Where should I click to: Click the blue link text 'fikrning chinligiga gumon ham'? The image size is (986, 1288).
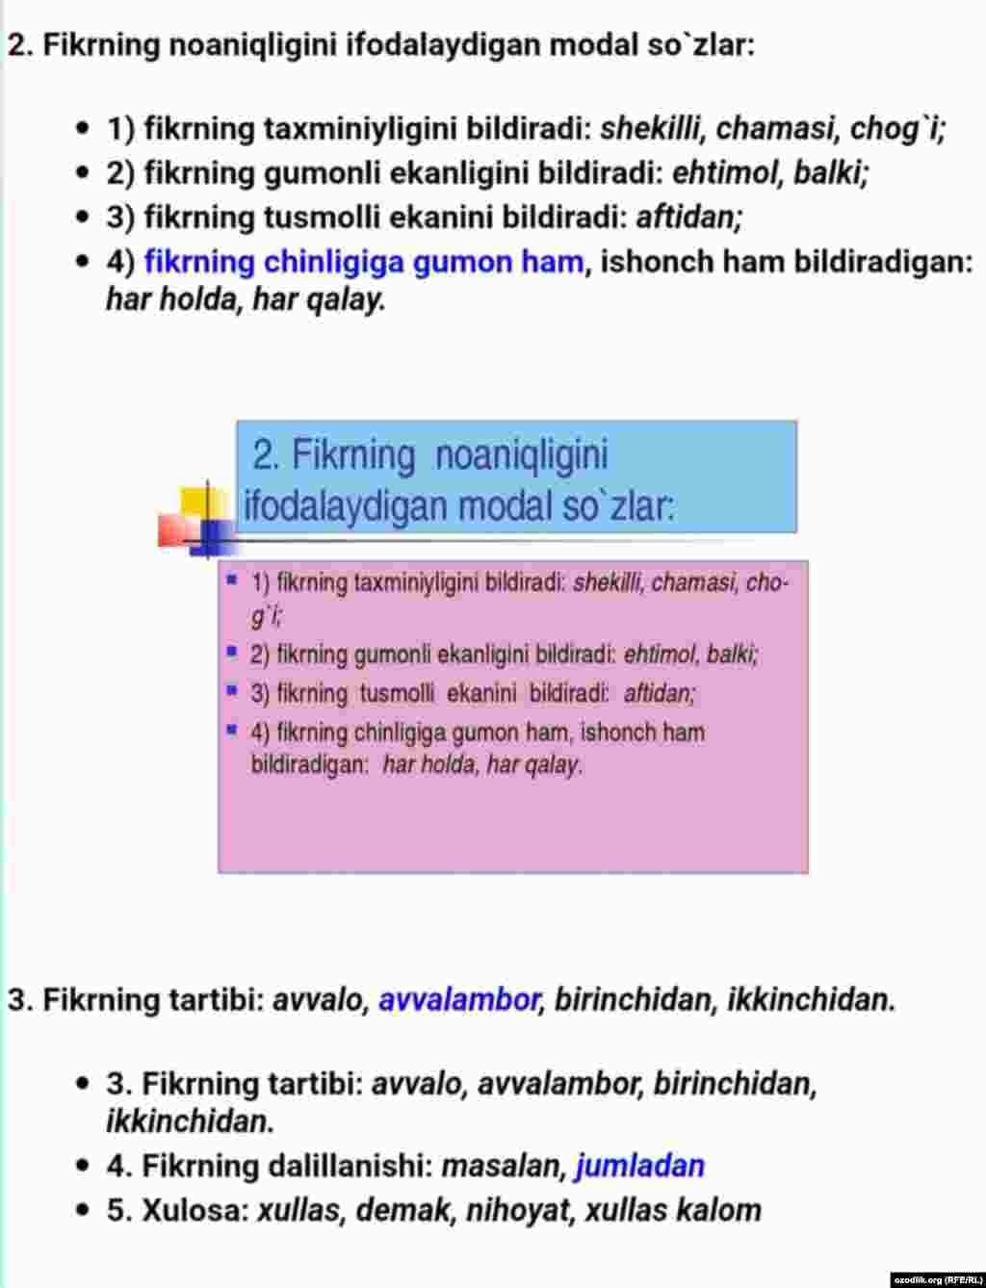(363, 262)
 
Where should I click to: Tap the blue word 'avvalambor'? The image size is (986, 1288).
(458, 1000)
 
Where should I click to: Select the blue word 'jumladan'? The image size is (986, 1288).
(639, 1166)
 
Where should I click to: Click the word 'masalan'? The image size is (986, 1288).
(501, 1166)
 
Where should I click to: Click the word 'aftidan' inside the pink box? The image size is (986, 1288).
(660, 693)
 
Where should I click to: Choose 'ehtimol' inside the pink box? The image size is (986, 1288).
(661, 655)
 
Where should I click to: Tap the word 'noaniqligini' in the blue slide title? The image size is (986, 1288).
(521, 455)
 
